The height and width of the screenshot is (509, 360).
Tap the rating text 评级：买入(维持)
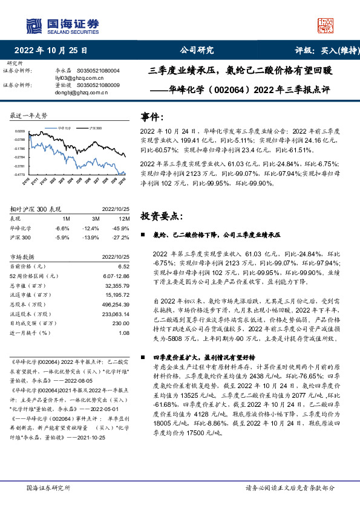tap(324, 50)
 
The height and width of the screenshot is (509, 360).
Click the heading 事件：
tap(152, 117)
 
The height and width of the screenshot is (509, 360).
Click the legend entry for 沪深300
tap(94, 129)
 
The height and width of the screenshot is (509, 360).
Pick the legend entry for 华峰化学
tap(64, 129)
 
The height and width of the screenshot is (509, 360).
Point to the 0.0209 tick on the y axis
tap(21, 131)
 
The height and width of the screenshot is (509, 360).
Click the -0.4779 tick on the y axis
tap(21, 174)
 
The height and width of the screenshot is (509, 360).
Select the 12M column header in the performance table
tap(124, 218)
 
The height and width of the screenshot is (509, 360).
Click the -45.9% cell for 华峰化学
tap(122, 228)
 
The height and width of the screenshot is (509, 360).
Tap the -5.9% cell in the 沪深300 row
tap(62, 238)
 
